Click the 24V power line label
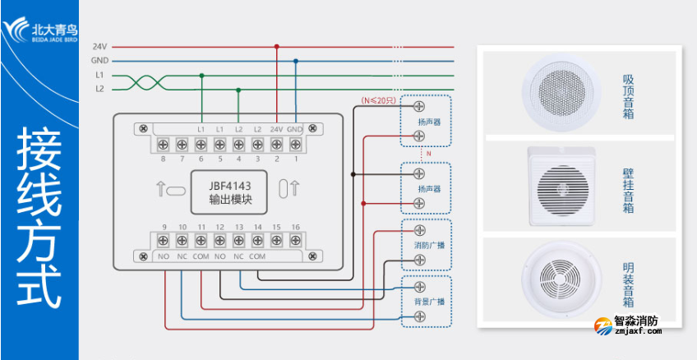click(99, 47)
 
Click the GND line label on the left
click(99, 61)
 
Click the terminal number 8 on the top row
click(164, 159)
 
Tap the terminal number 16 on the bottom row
click(295, 227)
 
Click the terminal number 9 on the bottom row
click(164, 227)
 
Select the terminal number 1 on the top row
click(295, 159)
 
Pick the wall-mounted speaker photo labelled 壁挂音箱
click(562, 186)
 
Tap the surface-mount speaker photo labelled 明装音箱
click(562, 279)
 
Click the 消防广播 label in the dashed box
click(428, 245)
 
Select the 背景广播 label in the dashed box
click(428, 302)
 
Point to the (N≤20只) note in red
click(379, 100)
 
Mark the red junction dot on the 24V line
click(276, 47)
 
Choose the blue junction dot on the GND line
click(295, 61)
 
